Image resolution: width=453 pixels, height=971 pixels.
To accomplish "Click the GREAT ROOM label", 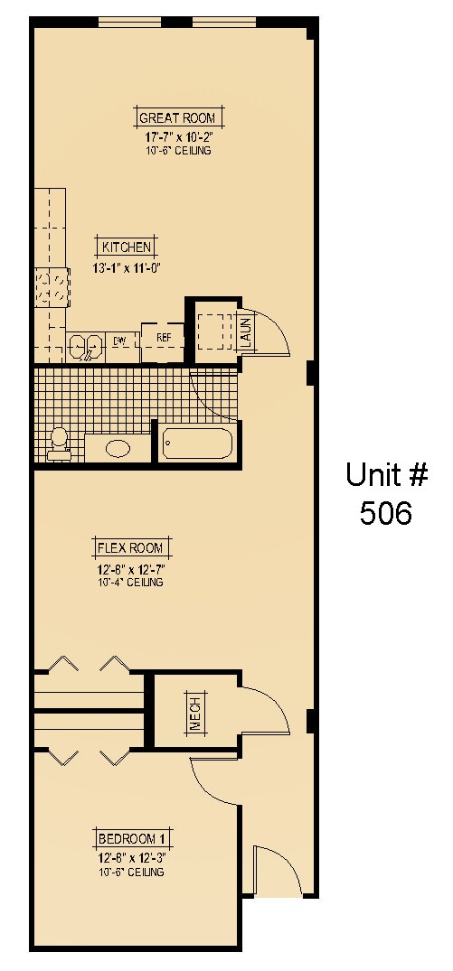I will (x=178, y=117).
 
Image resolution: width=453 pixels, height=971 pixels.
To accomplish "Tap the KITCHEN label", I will (x=127, y=247).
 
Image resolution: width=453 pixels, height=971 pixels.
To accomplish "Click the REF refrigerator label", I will (x=164, y=338).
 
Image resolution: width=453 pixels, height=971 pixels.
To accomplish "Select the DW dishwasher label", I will (x=119, y=341).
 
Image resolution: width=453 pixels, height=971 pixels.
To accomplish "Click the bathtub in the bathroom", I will (x=197, y=443).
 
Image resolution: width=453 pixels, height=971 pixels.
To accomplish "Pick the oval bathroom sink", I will (x=118, y=447).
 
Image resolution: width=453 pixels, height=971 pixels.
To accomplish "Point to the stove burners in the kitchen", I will (x=52, y=288).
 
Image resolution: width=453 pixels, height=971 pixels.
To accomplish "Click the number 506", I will (x=385, y=512).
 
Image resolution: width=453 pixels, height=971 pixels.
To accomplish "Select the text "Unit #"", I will (x=385, y=474).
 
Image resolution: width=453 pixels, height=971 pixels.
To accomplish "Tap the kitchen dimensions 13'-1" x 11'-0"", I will (x=127, y=268).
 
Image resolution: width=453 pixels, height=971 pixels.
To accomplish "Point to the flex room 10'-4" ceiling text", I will (x=133, y=583).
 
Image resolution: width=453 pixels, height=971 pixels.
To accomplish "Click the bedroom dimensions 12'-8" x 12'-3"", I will (x=133, y=858).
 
